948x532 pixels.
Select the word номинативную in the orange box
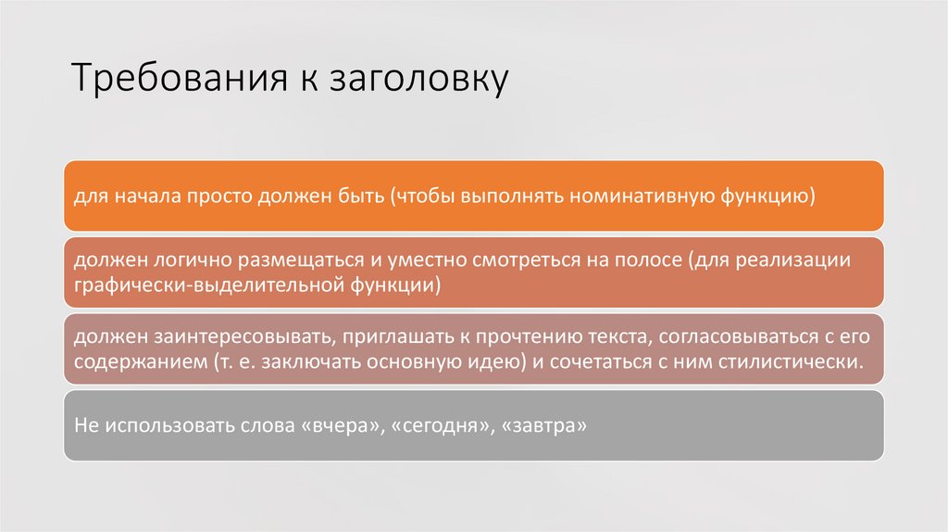[x=634, y=196]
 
